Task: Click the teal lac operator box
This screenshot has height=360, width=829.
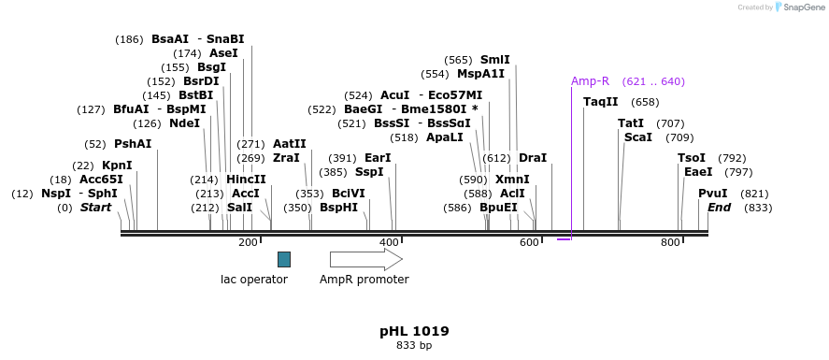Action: pos(284,259)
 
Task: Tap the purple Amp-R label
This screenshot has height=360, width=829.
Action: pos(590,81)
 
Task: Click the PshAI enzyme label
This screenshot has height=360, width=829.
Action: pos(132,144)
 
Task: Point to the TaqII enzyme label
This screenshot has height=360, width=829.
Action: pos(601,102)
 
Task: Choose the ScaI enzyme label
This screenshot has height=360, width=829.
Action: pos(637,137)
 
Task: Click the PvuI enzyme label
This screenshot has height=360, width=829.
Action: pos(712,193)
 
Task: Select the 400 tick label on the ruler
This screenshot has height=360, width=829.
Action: pos(389,243)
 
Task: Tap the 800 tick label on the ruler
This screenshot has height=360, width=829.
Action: pos(670,243)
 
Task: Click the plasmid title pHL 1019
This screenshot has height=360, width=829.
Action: pos(414,331)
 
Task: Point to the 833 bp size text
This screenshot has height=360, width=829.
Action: pos(414,346)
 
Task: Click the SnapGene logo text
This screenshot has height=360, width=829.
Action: pos(803,7)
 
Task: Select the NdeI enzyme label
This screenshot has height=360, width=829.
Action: pos(184,123)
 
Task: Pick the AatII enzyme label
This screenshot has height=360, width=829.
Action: pos(289,144)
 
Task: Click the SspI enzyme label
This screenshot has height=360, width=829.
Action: pos(369,172)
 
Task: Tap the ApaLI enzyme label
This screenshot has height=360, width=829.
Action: pos(444,137)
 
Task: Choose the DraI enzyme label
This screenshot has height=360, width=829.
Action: pos(532,158)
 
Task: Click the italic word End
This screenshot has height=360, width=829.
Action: pos(719,207)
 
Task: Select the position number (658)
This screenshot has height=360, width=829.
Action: pos(645,102)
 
